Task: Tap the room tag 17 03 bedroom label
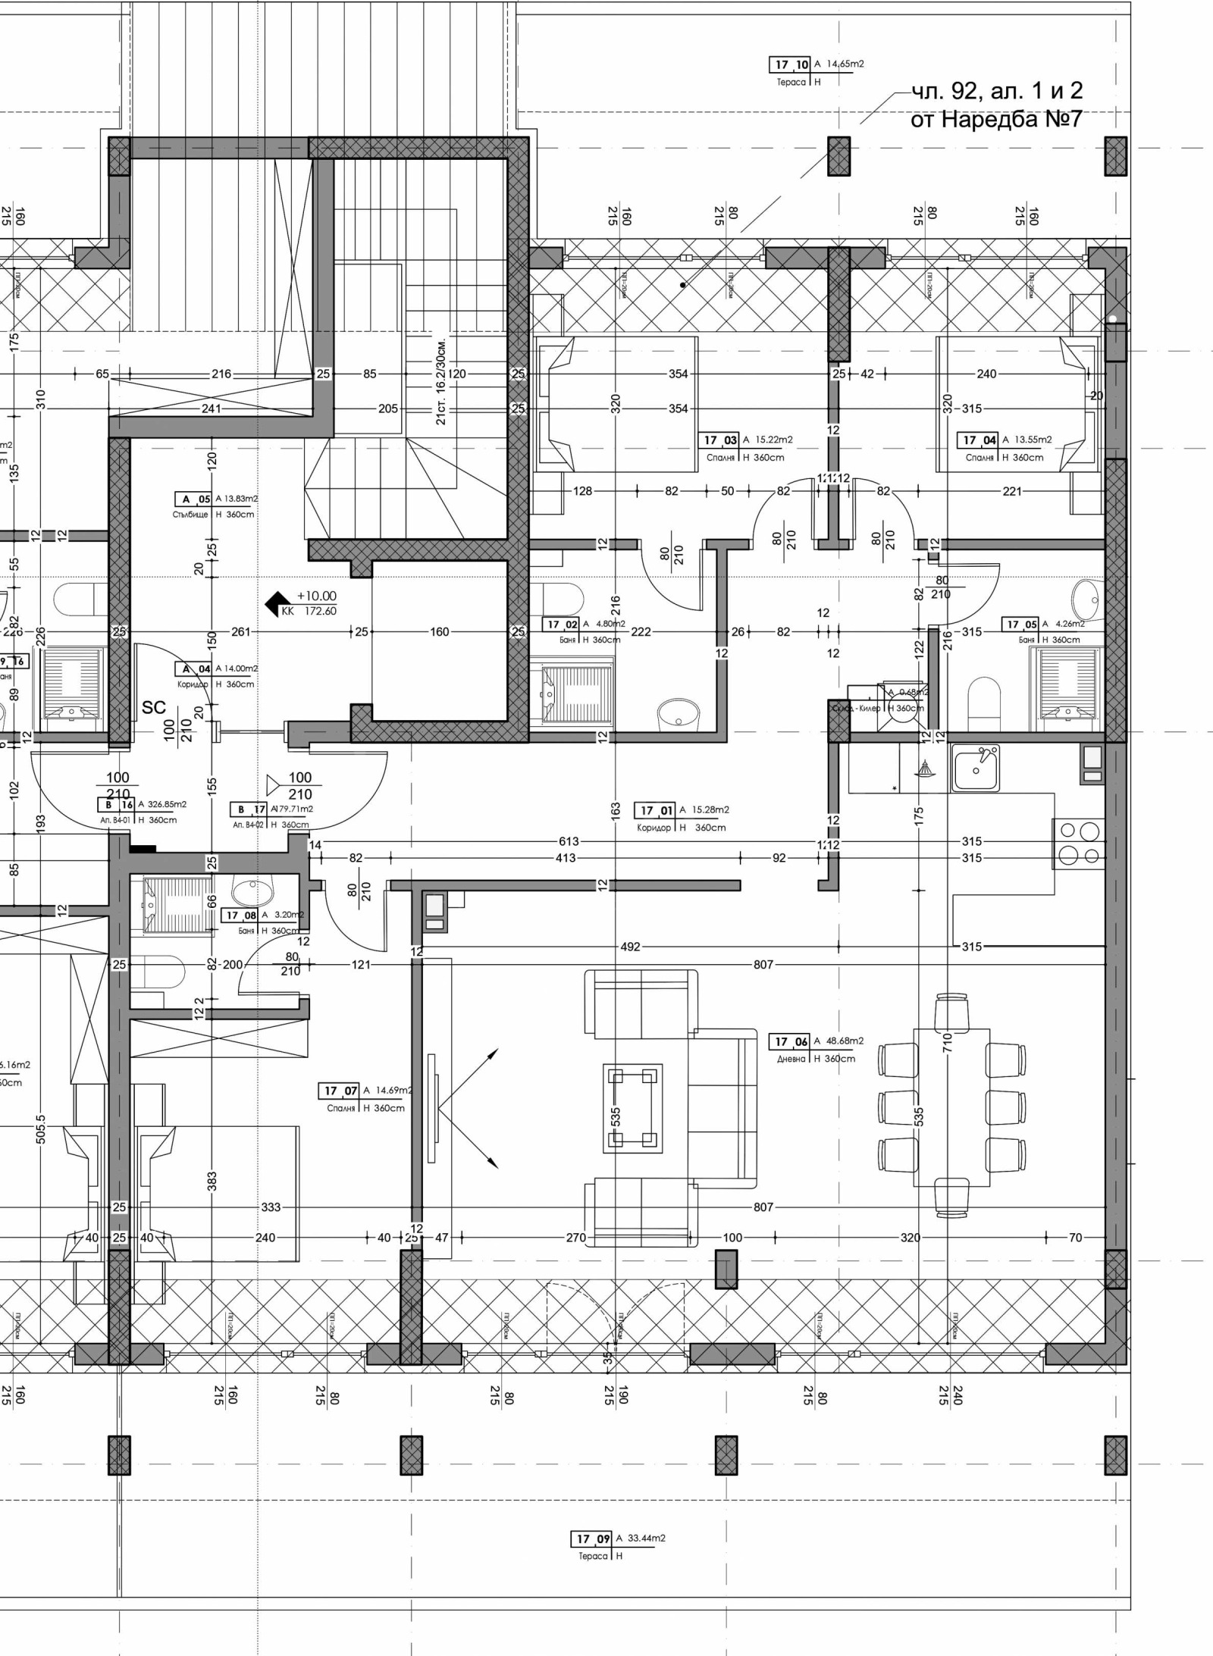(720, 440)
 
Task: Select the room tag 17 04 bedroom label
(979, 440)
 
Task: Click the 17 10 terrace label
(790, 64)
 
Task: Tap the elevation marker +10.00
(316, 596)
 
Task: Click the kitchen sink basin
(976, 767)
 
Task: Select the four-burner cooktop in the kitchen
(1079, 844)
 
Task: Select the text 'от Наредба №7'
(995, 119)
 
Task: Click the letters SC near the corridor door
(153, 707)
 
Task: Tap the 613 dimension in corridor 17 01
(569, 841)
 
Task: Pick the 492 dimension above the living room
(630, 947)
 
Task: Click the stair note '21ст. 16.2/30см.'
(441, 381)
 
